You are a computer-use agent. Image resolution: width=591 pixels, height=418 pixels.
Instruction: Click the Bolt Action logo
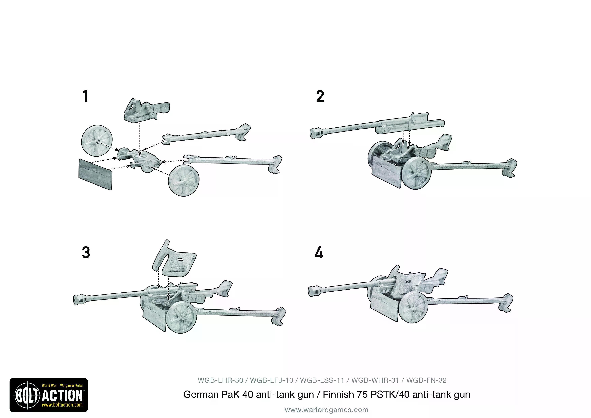click(x=49, y=395)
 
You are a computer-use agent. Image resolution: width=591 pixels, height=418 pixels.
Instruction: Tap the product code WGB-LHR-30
click(x=220, y=380)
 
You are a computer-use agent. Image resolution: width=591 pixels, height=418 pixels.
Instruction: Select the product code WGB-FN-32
click(x=426, y=380)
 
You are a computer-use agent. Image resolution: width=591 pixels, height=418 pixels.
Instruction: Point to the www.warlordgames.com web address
click(x=326, y=410)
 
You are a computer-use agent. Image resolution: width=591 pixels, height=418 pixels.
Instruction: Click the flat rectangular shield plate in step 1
click(x=95, y=174)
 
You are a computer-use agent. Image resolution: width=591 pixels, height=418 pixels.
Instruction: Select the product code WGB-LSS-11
click(x=322, y=380)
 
